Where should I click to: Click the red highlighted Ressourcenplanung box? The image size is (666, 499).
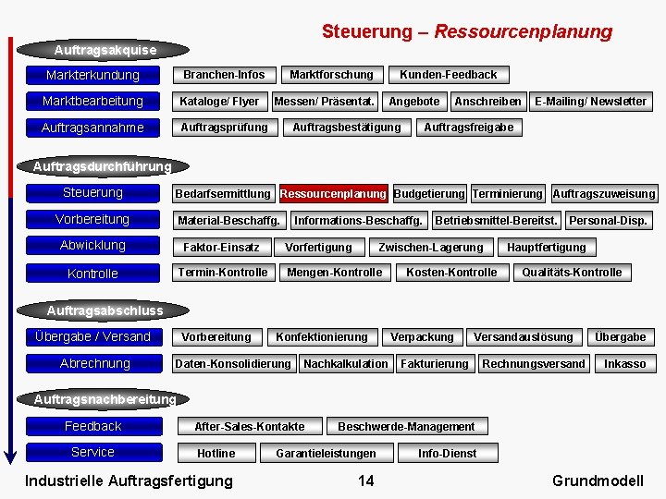[333, 194]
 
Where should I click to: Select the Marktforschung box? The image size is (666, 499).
[331, 75]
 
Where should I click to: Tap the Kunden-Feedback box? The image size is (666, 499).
[448, 75]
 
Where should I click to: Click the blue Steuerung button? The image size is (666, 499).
[92, 193]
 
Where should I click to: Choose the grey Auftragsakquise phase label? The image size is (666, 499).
[105, 49]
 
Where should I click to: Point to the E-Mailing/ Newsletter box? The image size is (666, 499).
[590, 101]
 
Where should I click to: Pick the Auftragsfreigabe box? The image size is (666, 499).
[468, 128]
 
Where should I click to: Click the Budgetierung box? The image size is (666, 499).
[429, 194]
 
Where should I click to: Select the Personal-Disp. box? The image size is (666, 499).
[608, 221]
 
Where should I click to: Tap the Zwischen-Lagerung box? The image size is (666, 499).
[430, 248]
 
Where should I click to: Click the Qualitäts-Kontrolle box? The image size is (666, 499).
[572, 273]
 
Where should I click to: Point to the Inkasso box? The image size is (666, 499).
[624, 364]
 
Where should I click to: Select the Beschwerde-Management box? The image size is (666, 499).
[406, 427]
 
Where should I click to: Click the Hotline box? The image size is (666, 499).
[216, 454]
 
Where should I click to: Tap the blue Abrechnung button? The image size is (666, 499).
[94, 363]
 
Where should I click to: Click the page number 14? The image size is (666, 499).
[365, 481]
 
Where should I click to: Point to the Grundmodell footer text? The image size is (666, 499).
[597, 481]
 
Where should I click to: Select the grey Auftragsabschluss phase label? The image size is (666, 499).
[105, 310]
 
